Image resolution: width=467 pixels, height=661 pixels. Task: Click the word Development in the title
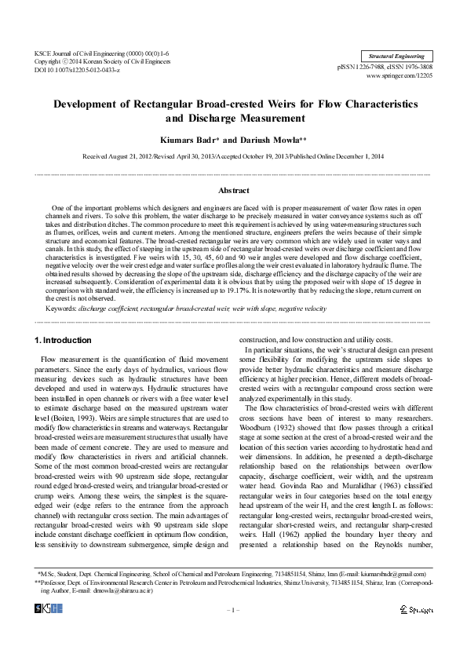pos(91,104)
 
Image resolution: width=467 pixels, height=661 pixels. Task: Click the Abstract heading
pos(233,189)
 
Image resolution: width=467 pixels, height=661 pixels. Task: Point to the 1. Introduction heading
pos(64,340)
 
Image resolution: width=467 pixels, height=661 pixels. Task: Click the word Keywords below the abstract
pos(60,309)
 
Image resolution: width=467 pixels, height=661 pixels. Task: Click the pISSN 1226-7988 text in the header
pos(368,67)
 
